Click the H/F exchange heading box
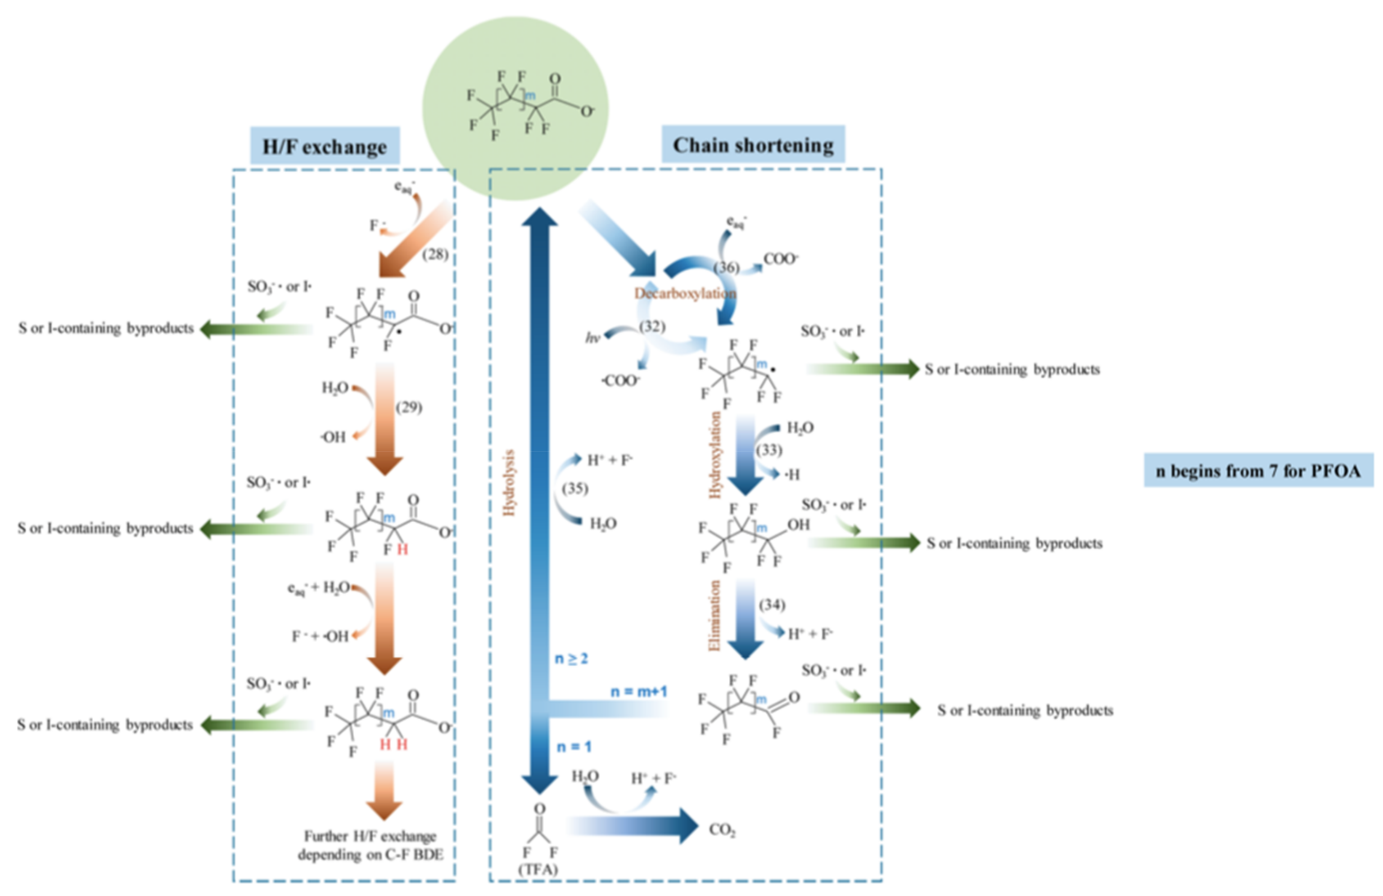pyautogui.click(x=325, y=146)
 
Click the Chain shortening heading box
pyautogui.click(x=753, y=144)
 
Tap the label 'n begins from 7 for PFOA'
pyautogui.click(x=1258, y=470)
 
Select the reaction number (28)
pyautogui.click(x=435, y=254)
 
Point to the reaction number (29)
pyautogui.click(x=409, y=407)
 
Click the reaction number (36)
pyautogui.click(x=726, y=267)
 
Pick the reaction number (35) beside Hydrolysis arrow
pyautogui.click(x=575, y=488)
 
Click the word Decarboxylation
pyautogui.click(x=685, y=293)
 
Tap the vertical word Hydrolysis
pyautogui.click(x=510, y=483)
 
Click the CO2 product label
pyautogui.click(x=722, y=830)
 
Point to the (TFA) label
pyautogui.click(x=538, y=869)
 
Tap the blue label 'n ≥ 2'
pyautogui.click(x=571, y=659)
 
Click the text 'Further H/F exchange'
pyautogui.click(x=370, y=836)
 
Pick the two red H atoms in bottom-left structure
pyautogui.click(x=393, y=744)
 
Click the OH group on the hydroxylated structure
pyautogui.click(x=798, y=524)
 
